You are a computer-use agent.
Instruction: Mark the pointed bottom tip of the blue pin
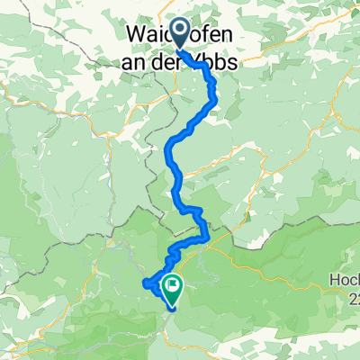coord(178,49)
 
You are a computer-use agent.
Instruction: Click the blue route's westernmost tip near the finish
coord(145,284)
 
